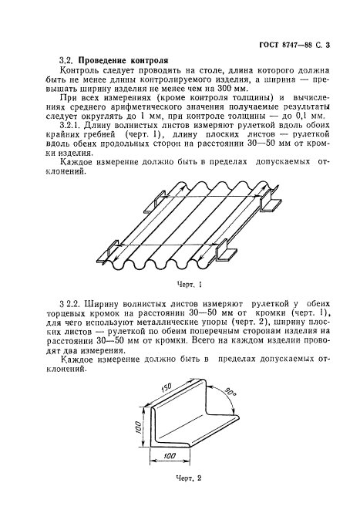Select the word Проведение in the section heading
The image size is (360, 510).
pyautogui.click(x=109, y=59)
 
